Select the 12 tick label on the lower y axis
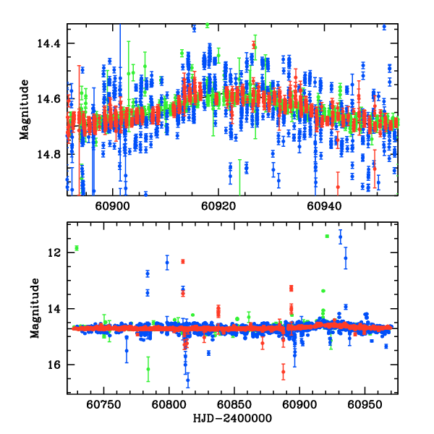pyautogui.click(x=56, y=253)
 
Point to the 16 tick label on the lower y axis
pyautogui.click(x=56, y=365)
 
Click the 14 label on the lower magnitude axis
pyautogui.click(x=56, y=309)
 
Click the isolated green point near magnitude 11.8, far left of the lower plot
pyautogui.click(x=76, y=248)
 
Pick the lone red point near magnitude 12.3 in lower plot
pyautogui.click(x=183, y=261)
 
